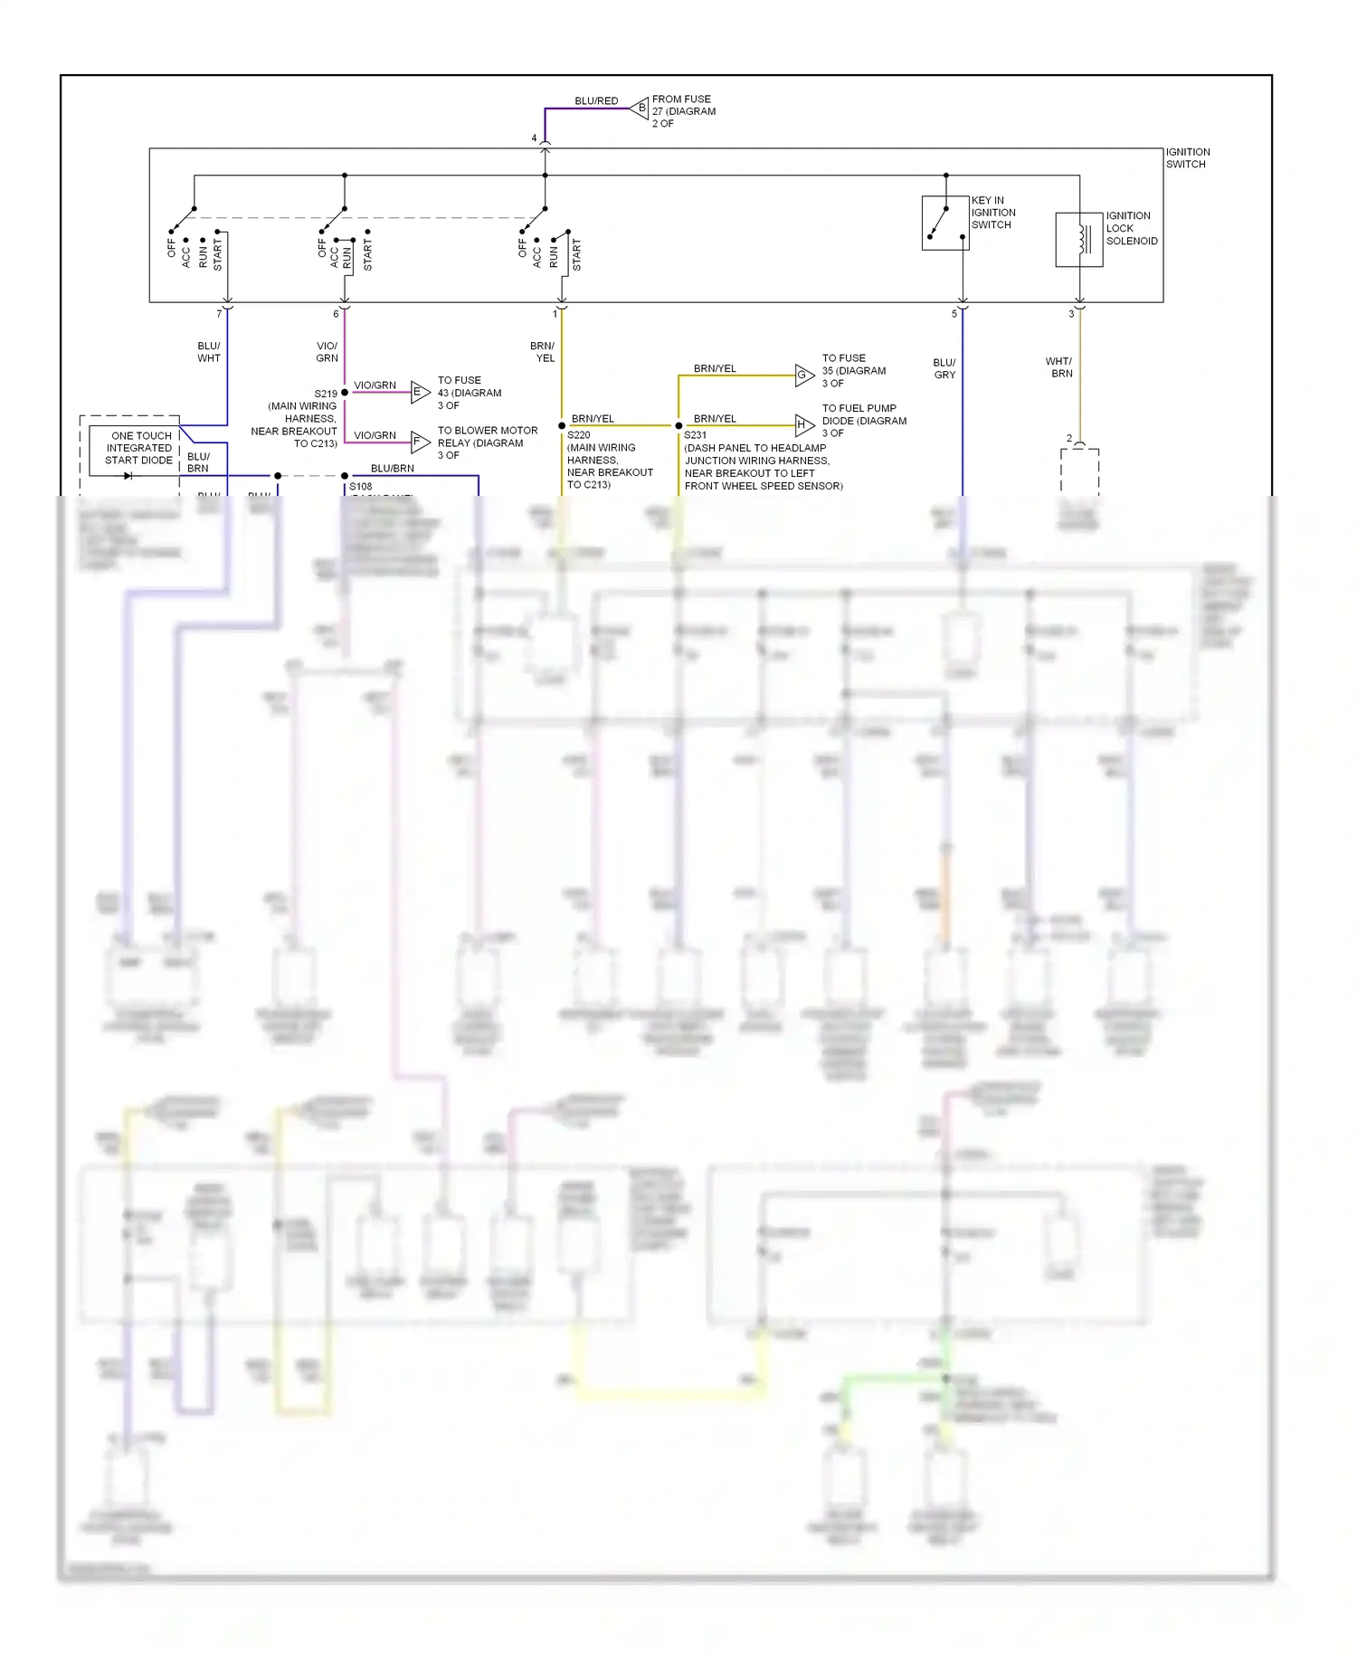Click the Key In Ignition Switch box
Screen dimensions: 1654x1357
click(x=944, y=223)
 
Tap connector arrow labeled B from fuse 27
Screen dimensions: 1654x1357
click(x=641, y=108)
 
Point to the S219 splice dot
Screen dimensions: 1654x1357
click(x=345, y=393)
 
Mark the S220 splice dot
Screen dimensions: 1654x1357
click(x=562, y=425)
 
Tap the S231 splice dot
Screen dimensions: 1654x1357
click(x=678, y=425)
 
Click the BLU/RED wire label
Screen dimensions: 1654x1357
click(x=596, y=101)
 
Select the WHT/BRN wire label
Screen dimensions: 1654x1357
click(x=1059, y=367)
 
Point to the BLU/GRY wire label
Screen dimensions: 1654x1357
click(x=944, y=368)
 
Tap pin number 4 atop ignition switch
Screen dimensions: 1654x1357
click(x=534, y=138)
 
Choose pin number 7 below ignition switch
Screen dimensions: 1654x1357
click(x=219, y=314)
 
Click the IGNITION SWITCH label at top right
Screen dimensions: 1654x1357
click(x=1187, y=158)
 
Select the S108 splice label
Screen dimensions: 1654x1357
click(x=361, y=487)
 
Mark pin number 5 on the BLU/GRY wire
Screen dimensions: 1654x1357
click(x=954, y=314)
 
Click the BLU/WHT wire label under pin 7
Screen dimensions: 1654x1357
click(x=209, y=352)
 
